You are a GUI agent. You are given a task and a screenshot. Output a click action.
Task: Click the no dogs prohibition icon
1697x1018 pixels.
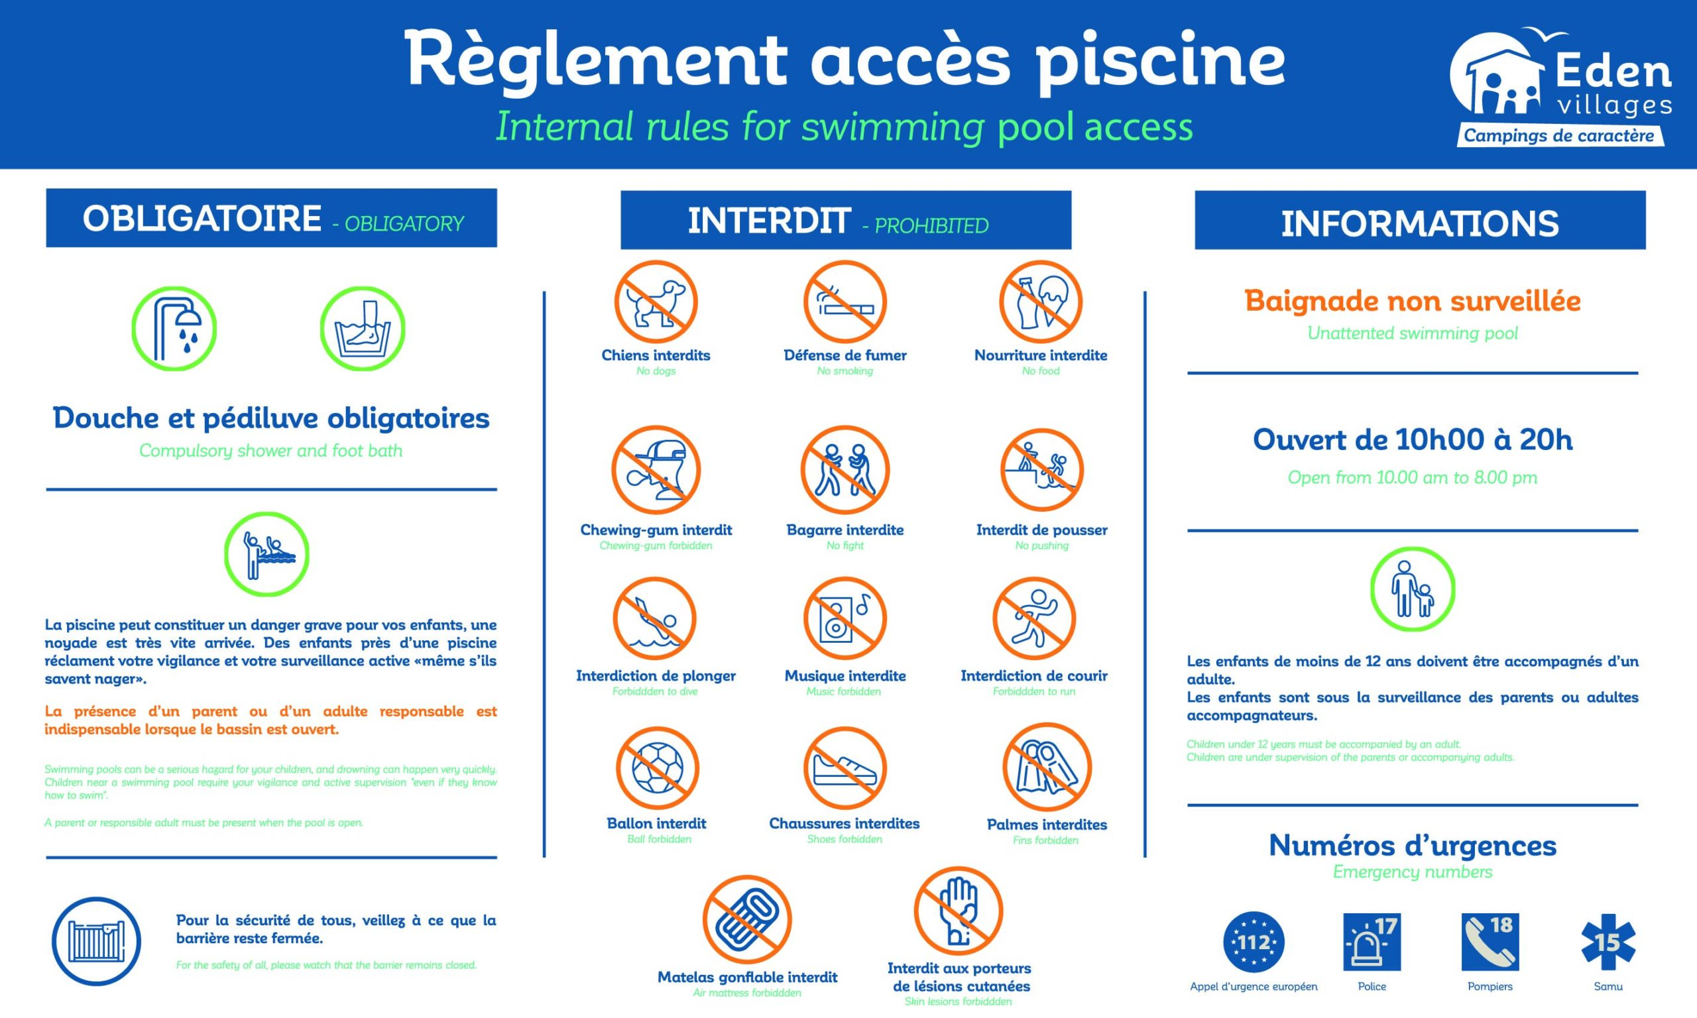coord(655,302)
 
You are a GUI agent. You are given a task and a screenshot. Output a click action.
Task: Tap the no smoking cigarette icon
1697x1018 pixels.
coord(845,302)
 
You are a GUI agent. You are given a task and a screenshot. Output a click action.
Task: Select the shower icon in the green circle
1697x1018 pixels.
coord(174,329)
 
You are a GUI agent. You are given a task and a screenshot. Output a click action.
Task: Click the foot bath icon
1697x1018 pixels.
coord(362,329)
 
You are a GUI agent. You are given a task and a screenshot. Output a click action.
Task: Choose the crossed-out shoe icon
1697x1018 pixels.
coord(845,768)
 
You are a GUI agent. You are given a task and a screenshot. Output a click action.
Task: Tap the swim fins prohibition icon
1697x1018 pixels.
coord(1046,767)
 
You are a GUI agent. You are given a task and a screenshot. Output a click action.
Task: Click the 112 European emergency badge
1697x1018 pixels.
coord(1254,942)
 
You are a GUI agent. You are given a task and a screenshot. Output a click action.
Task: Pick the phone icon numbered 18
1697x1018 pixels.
coord(1490,942)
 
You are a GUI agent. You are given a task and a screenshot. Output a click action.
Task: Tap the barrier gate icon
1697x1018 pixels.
coord(96,941)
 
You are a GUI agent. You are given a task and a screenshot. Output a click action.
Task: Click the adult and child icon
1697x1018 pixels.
coord(1413,589)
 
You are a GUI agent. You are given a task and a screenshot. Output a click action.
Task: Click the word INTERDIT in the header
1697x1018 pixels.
coord(769,221)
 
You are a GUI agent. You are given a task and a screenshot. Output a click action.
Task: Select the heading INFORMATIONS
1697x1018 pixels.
coord(1420,223)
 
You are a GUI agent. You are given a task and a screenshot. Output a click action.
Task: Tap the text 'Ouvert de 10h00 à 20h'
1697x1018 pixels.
coord(1413,439)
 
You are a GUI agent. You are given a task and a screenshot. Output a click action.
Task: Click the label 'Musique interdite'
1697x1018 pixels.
coord(845,676)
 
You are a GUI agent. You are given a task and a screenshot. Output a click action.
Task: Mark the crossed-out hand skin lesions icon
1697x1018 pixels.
coord(958,911)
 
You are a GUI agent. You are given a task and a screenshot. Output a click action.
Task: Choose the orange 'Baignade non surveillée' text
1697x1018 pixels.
coord(1413,300)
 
